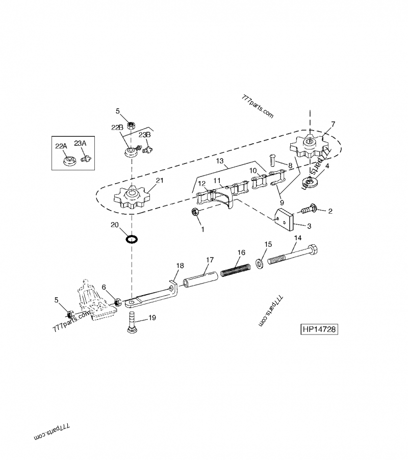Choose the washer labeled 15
(259, 262)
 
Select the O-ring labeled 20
(132, 239)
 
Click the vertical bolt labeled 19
(132, 322)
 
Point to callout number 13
(220, 161)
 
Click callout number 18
(179, 266)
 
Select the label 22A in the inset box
(61, 146)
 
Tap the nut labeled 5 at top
(131, 124)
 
